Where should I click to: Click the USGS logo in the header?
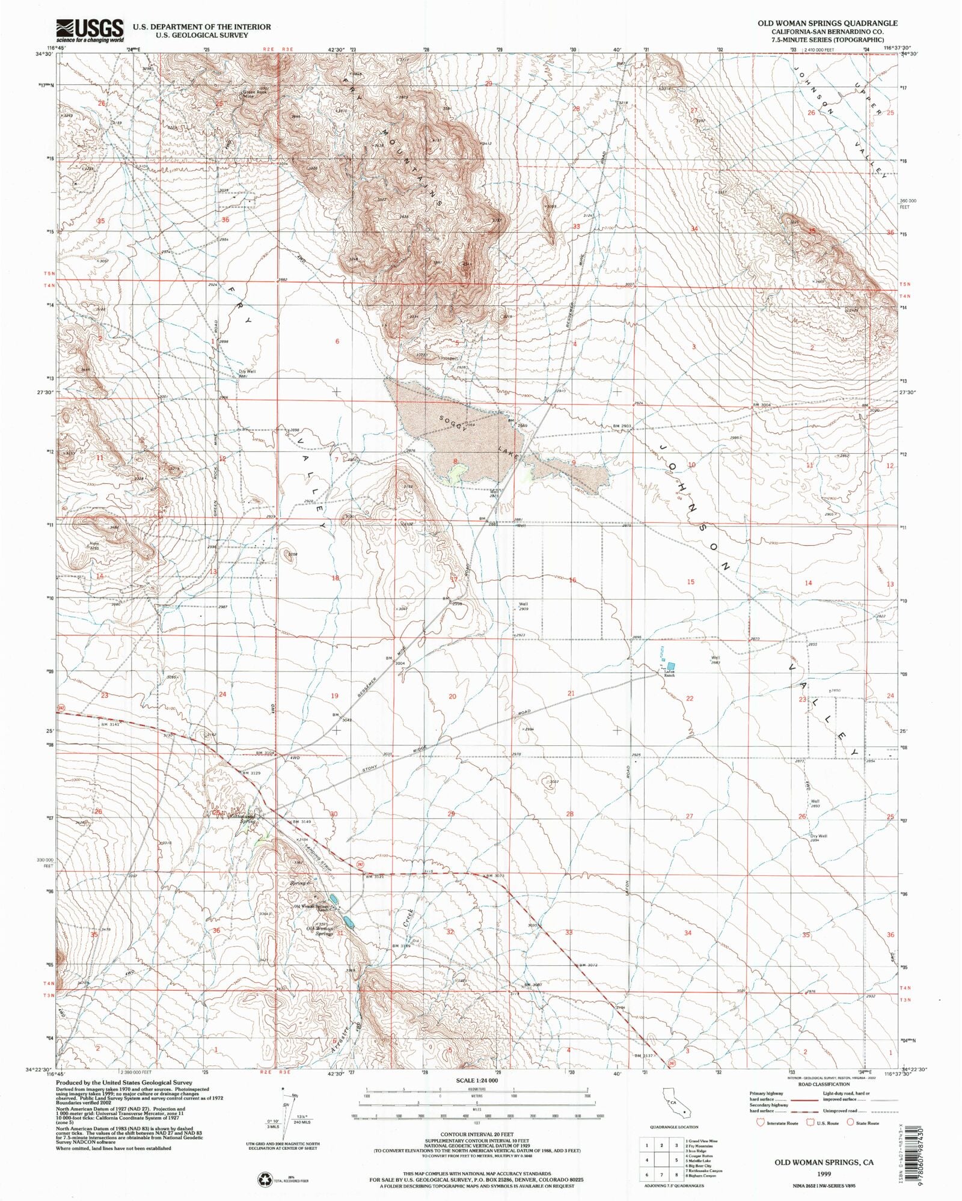(x=90, y=30)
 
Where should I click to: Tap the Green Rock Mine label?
(x=253, y=94)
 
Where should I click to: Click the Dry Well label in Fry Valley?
(x=247, y=371)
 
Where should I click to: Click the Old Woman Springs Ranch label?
(x=310, y=908)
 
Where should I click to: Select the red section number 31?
(x=340, y=933)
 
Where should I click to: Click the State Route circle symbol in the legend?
(x=850, y=1122)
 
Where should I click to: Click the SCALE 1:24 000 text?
(x=476, y=1080)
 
